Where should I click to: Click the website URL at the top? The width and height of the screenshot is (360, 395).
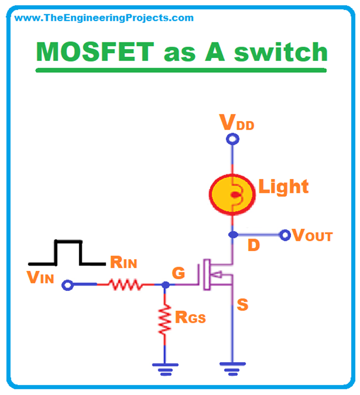pos(104,18)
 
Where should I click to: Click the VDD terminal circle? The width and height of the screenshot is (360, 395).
pos(232,139)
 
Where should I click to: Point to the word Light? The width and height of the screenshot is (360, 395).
pos(284,187)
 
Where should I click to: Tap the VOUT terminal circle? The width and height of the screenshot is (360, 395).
pos(285,235)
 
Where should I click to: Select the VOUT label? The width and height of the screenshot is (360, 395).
pos(312,235)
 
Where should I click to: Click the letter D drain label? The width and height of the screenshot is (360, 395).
pos(254,246)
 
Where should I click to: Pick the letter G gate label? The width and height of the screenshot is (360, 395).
pos(179,273)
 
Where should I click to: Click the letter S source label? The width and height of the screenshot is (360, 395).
pos(243,305)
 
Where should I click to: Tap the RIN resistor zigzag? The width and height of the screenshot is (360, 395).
pos(125,284)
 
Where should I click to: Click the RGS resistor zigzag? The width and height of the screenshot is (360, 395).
pos(165,320)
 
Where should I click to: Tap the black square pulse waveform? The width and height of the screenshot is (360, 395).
pos(68,253)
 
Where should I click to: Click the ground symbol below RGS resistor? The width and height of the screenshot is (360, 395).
pos(165,367)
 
